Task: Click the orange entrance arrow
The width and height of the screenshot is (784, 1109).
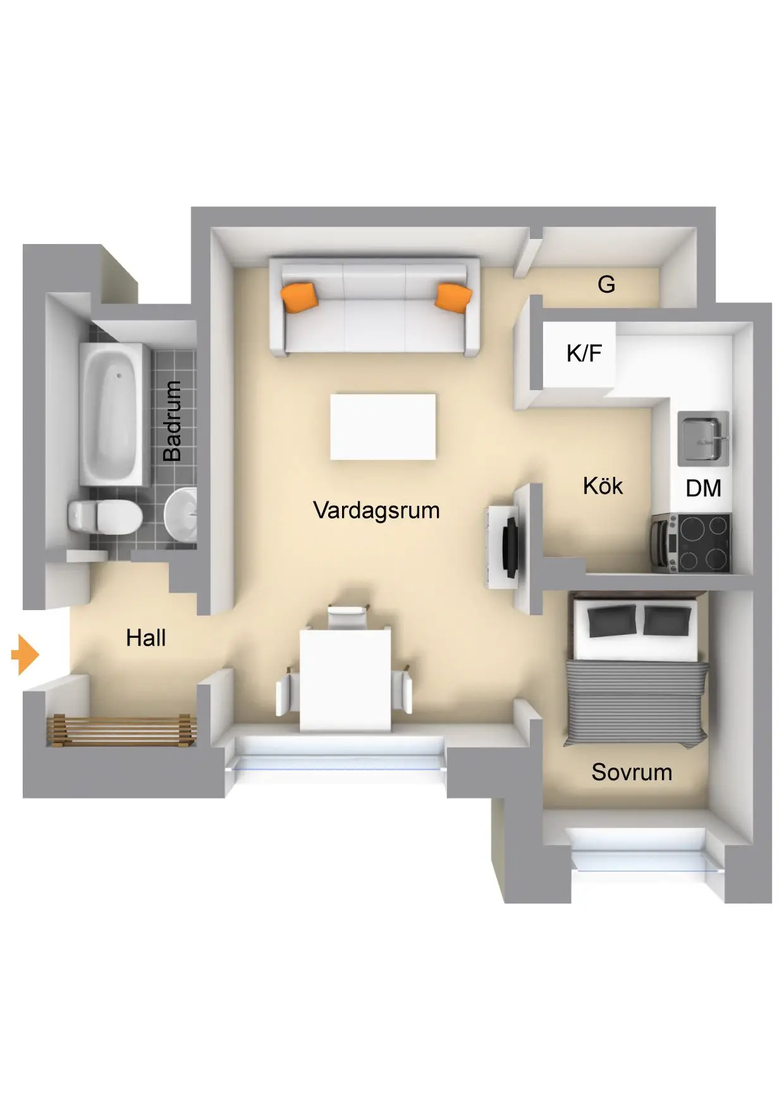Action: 25,654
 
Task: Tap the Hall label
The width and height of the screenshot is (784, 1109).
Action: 145,638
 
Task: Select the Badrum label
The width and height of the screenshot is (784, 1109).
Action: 172,420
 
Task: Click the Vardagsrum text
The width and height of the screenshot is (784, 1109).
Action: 376,510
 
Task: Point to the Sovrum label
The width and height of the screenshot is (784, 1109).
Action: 632,772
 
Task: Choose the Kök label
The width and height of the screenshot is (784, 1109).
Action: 603,486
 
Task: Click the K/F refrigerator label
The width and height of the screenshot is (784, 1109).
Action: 584,353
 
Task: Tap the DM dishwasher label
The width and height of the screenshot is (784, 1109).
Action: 703,488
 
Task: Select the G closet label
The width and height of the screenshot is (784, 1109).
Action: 606,285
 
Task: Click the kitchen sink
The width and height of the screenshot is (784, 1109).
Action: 703,438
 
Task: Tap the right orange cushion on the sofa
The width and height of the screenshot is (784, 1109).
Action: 453,297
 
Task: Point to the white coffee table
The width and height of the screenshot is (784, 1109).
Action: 383,427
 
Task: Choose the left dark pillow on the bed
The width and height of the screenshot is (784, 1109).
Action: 612,620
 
